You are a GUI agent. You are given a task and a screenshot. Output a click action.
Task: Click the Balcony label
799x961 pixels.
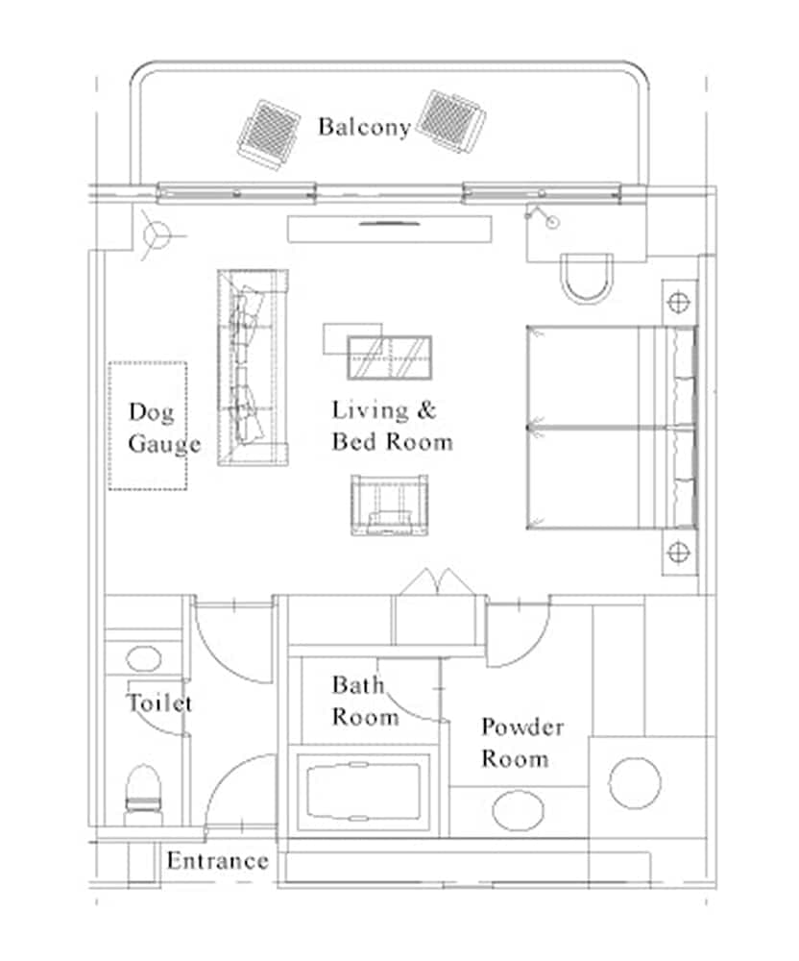[364, 127]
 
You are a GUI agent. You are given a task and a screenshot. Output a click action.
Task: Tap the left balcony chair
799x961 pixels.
[269, 134]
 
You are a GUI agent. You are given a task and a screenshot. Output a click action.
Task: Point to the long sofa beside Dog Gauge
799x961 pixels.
[253, 368]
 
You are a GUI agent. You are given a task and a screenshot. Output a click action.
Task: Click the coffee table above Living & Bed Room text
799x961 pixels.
[389, 357]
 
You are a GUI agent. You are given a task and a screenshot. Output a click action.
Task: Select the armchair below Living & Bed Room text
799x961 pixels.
[390, 505]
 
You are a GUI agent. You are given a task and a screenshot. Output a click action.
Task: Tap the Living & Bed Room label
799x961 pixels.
[391, 426]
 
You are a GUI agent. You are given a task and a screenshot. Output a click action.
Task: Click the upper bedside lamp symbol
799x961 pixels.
[679, 302]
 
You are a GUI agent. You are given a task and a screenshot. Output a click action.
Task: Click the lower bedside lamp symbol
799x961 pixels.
[679, 552]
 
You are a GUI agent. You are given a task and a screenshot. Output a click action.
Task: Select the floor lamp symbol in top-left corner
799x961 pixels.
[154, 234]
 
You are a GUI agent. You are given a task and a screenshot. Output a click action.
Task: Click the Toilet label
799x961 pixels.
[159, 703]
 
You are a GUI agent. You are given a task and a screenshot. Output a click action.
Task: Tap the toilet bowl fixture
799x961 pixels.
[144, 792]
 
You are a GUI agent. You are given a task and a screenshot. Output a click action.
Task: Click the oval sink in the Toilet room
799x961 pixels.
[143, 660]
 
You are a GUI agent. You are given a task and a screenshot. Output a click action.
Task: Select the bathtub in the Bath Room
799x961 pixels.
[363, 792]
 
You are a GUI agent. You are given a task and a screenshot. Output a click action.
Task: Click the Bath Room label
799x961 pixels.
[365, 701]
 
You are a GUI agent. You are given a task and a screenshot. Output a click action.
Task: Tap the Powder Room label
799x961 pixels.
[521, 742]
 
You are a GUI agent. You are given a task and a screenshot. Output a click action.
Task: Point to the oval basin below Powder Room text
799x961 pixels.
[519, 809]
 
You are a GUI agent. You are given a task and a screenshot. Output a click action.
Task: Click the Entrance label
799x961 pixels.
[217, 860]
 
